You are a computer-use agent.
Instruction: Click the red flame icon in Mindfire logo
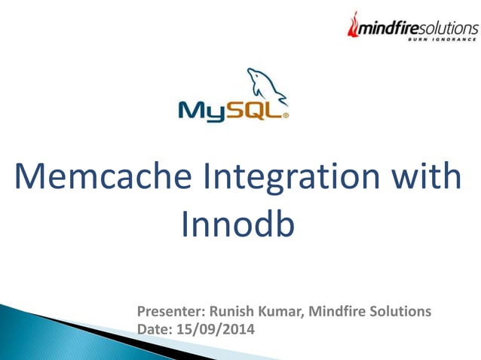click(351, 26)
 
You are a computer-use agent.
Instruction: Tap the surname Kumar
click(280, 311)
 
